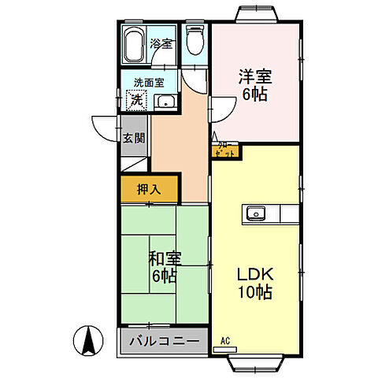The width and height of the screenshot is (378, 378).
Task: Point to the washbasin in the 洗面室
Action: pos(165,102)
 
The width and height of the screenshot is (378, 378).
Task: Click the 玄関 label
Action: pos(133,138)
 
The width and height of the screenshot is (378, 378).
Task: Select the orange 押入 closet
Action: pos(150,189)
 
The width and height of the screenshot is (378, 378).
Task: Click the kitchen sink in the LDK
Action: pos(257,213)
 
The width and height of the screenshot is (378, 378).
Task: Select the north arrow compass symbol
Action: pos(90,340)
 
